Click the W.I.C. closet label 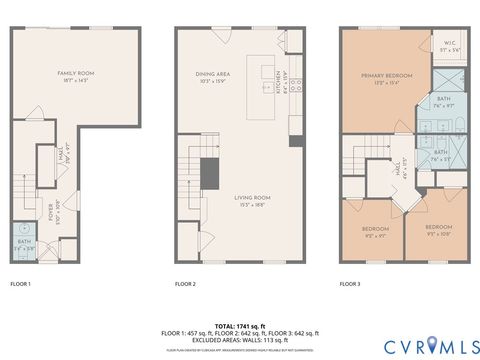(450, 43)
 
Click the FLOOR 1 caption (20, 284)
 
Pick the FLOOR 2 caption (185, 284)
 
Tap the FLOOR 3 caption (349, 284)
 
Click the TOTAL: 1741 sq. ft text (239, 326)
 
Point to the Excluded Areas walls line (239, 339)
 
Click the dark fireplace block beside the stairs (209, 173)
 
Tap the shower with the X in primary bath (447, 78)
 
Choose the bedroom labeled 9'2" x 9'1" (375, 234)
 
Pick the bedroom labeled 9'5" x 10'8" (437, 235)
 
